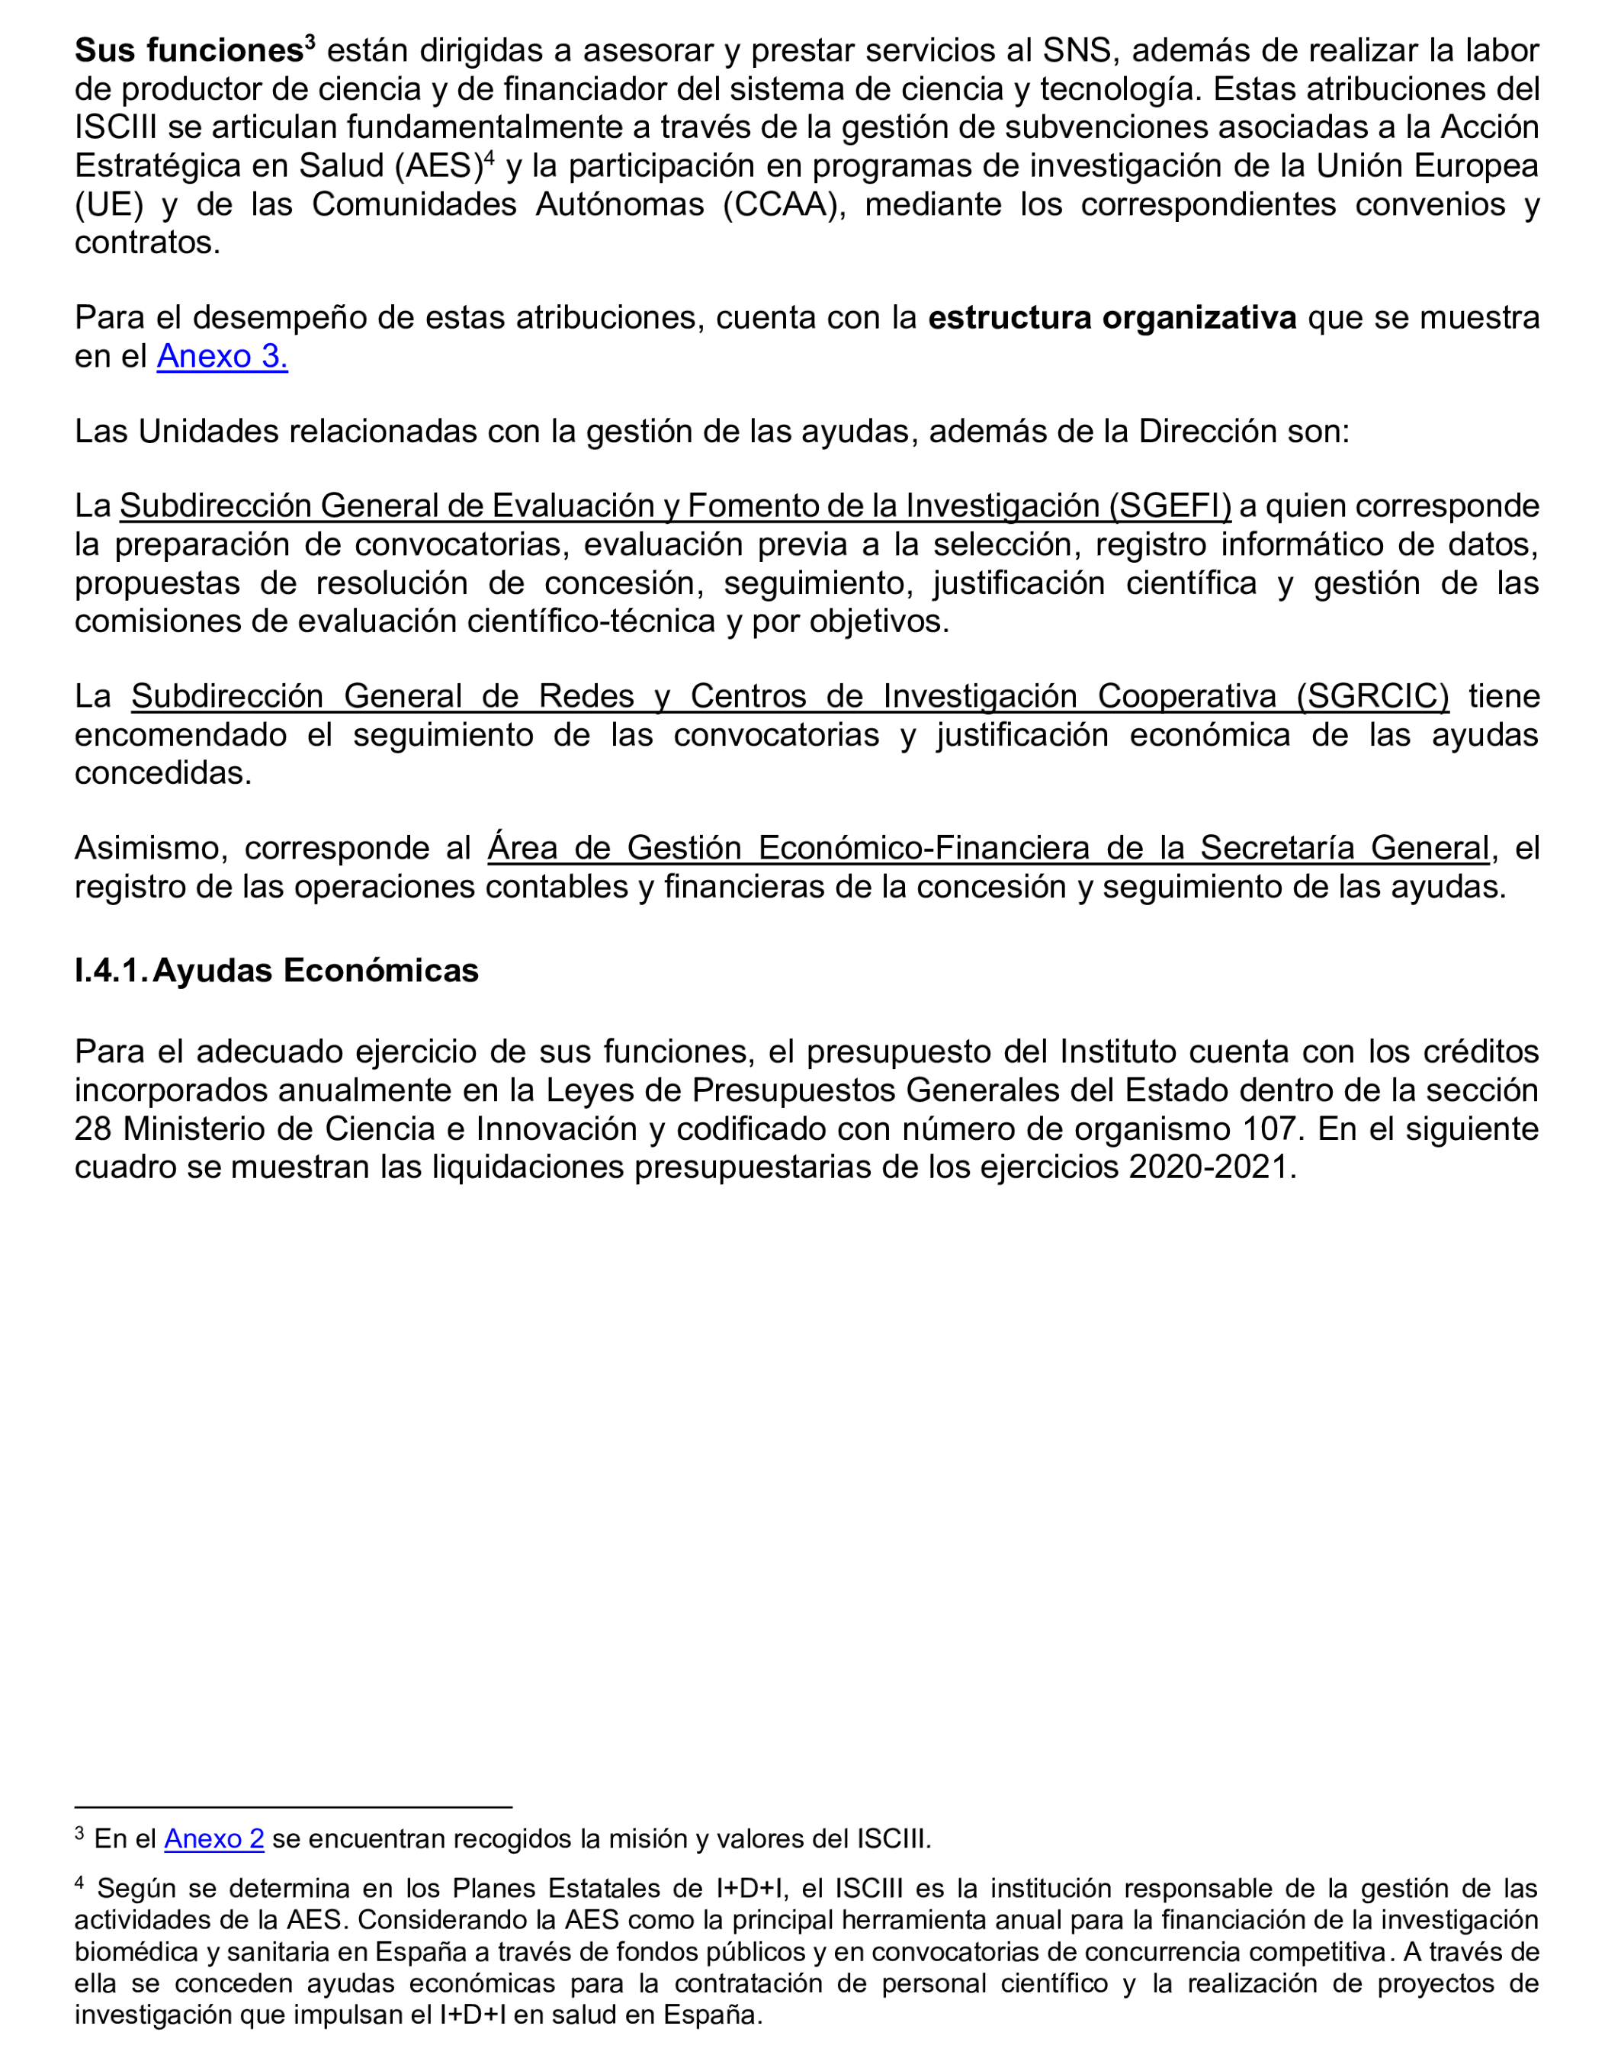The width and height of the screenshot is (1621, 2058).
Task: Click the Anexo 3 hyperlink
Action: click(x=222, y=356)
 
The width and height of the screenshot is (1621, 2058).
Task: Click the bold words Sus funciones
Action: click(x=188, y=50)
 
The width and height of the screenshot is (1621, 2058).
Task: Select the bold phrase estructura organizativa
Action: click(x=1112, y=318)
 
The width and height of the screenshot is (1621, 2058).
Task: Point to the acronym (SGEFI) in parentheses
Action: click(x=1170, y=506)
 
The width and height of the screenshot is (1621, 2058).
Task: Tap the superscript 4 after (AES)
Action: click(x=490, y=158)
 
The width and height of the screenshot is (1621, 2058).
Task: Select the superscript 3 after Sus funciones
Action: click(x=310, y=42)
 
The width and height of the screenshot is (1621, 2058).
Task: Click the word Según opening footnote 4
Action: click(x=129, y=1888)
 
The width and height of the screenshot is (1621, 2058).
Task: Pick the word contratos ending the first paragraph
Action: click(x=147, y=243)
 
